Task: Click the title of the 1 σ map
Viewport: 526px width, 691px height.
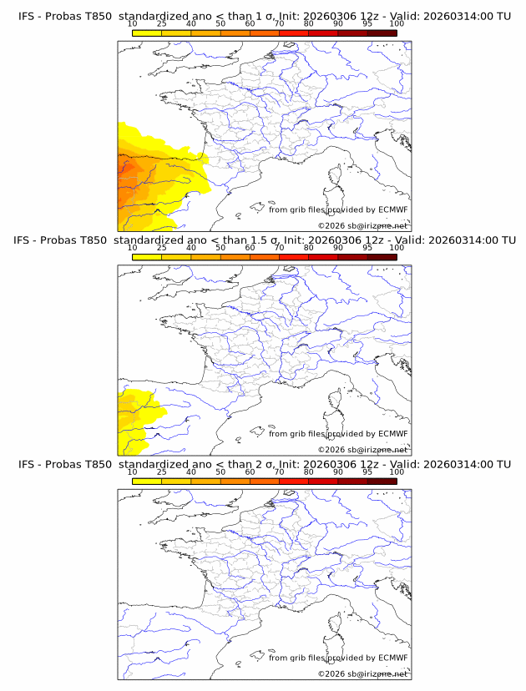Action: pyautogui.click(x=264, y=17)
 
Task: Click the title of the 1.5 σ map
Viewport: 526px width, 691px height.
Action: pyautogui.click(x=264, y=240)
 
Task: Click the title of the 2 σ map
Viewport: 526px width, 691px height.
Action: pyautogui.click(x=264, y=464)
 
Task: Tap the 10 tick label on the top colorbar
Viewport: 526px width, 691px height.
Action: pyautogui.click(x=133, y=24)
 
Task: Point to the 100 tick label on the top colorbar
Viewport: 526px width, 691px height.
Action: pyautogui.click(x=397, y=24)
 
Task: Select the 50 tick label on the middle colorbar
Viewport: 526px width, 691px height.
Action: pyautogui.click(x=220, y=248)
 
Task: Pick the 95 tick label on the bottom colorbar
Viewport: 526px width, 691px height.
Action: pyautogui.click(x=367, y=472)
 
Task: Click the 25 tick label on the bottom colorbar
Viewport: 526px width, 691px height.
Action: pyautogui.click(x=161, y=472)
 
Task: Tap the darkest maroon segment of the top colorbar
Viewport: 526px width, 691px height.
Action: pyautogui.click(x=382, y=33)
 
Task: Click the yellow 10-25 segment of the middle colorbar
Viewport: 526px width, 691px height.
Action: pyautogui.click(x=147, y=256)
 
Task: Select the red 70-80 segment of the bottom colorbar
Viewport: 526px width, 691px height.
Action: pyautogui.click(x=294, y=480)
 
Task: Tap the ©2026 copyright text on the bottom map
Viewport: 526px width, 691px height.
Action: pyautogui.click(x=362, y=673)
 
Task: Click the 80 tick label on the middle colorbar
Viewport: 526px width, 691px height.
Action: pyautogui.click(x=309, y=248)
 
